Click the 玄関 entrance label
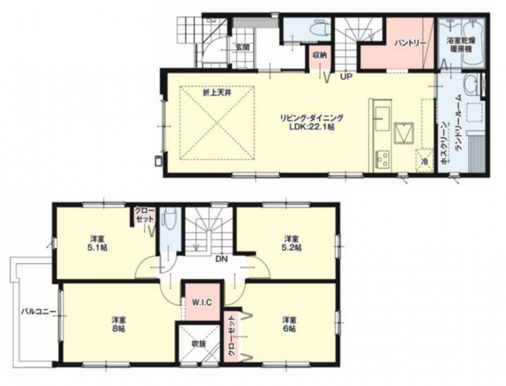click(242, 47)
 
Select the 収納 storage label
click(319, 55)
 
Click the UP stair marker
click(346, 77)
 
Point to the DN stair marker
click(221, 259)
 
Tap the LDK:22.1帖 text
click(312, 127)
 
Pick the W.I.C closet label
click(202, 303)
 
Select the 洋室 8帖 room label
click(119, 324)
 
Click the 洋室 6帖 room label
click(290, 324)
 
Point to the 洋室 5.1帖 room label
click(97, 243)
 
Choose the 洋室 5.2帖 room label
click(291, 243)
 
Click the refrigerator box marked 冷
click(424, 160)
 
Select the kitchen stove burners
click(383, 159)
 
